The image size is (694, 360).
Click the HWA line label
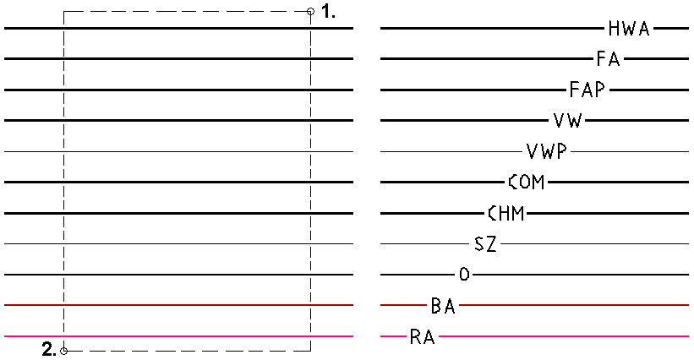629,29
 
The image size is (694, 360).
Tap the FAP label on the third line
587,90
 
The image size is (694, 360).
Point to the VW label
566,121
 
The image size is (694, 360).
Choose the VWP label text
546,151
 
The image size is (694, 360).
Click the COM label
526,182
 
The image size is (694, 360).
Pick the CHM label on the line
505,213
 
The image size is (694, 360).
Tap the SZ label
485,244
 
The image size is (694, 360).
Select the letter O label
463,275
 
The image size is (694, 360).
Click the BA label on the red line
443,306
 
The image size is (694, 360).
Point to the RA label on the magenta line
422,337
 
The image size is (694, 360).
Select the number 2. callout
49,349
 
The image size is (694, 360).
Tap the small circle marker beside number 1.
311,12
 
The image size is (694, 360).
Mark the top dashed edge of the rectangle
186,12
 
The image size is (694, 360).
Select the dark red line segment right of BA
575,305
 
